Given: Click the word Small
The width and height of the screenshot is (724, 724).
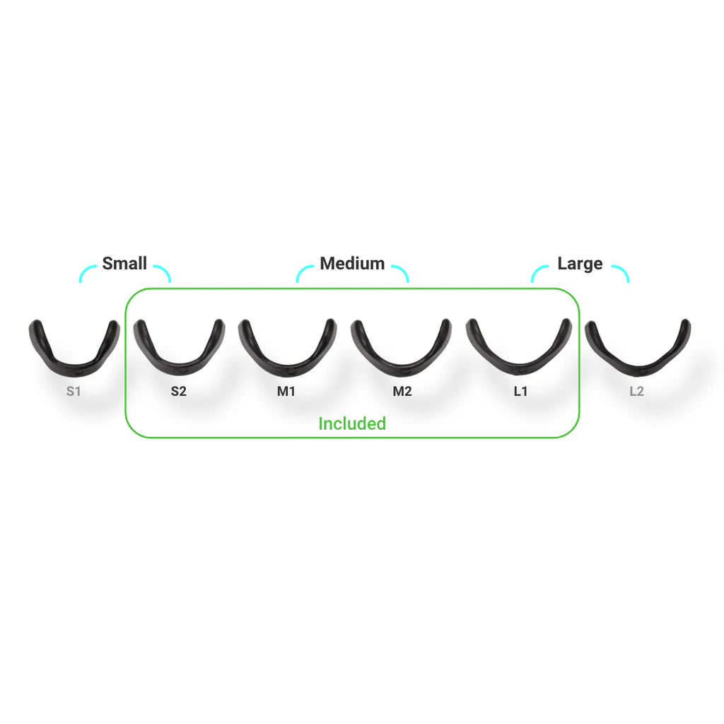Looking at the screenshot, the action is pyautogui.click(x=124, y=263).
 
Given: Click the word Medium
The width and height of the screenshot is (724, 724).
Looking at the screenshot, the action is pyautogui.click(x=352, y=263).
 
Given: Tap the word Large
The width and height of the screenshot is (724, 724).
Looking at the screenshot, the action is pyautogui.click(x=580, y=264).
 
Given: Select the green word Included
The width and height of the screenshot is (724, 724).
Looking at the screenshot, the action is pyautogui.click(x=352, y=424).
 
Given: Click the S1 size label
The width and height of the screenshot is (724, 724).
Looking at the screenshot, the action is pyautogui.click(x=74, y=392).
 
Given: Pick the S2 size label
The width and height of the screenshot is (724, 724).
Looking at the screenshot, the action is pyautogui.click(x=179, y=392).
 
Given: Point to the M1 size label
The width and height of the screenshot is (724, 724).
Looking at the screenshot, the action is pyautogui.click(x=286, y=392).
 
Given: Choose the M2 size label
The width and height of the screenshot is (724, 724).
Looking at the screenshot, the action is pyautogui.click(x=402, y=392).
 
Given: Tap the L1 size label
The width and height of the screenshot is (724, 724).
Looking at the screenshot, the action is pyautogui.click(x=520, y=392).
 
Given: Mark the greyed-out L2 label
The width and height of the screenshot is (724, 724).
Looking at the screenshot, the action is pyautogui.click(x=637, y=392).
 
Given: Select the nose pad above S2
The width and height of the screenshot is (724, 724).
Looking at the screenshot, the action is pyautogui.click(x=179, y=348).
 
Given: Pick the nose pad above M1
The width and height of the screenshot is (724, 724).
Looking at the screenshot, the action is pyautogui.click(x=287, y=348).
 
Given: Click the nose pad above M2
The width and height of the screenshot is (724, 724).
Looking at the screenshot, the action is pyautogui.click(x=402, y=348).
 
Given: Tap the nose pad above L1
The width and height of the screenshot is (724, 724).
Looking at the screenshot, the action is pyautogui.click(x=518, y=347).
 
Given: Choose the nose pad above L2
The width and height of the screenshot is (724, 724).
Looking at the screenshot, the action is pyautogui.click(x=638, y=348).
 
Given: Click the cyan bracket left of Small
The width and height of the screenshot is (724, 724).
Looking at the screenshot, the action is pyautogui.click(x=88, y=274).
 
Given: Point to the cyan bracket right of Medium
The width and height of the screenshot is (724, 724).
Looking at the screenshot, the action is pyautogui.click(x=400, y=274).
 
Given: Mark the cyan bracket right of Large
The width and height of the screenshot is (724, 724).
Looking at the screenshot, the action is pyautogui.click(x=620, y=274).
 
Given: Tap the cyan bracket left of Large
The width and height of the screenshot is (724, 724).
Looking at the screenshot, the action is pyautogui.click(x=539, y=274).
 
